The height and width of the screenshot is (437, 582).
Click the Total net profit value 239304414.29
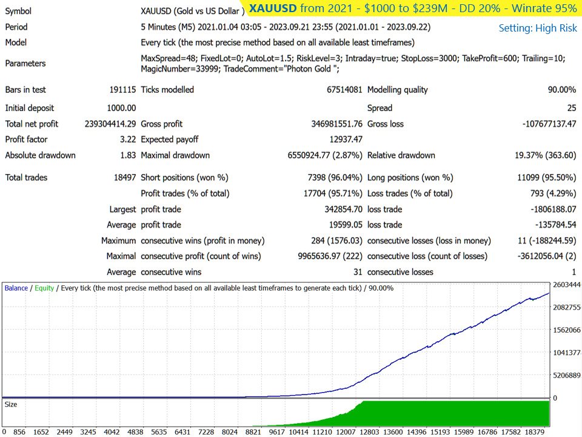click(110, 124)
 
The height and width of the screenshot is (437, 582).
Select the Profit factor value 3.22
click(128, 140)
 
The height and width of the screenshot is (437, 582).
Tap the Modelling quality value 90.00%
click(562, 90)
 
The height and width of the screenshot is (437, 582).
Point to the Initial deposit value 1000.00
click(121, 108)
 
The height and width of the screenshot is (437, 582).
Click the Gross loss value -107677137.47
click(549, 124)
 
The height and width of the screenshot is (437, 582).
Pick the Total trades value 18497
click(125, 178)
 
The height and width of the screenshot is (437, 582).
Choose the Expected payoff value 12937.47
click(346, 140)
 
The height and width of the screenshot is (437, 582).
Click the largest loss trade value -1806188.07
click(554, 209)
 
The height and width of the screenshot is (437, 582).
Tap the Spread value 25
click(572, 108)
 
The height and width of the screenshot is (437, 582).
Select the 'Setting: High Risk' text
click(538, 29)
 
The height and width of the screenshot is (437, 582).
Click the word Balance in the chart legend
click(16, 288)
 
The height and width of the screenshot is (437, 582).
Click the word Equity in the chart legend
click(44, 288)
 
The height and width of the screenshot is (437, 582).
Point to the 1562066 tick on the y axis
click(567, 330)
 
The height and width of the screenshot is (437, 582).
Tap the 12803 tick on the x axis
click(369, 432)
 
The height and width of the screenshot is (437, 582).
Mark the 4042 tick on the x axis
click(112, 432)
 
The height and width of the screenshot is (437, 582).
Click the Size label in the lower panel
click(11, 404)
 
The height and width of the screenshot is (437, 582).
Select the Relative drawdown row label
click(401, 155)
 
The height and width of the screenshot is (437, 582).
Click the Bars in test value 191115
click(122, 90)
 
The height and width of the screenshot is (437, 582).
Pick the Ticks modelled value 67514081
click(344, 90)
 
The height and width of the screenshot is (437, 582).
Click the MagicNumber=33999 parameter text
click(180, 69)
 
